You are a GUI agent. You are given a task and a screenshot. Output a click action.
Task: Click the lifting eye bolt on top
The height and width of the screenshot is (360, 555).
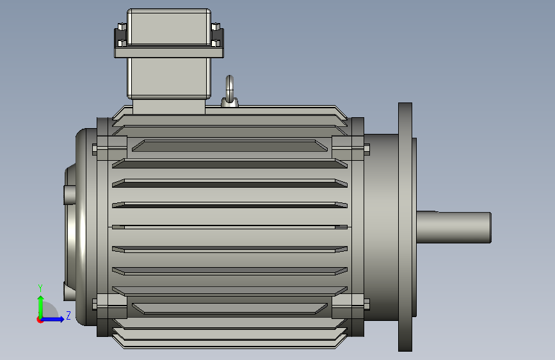coord(229,92)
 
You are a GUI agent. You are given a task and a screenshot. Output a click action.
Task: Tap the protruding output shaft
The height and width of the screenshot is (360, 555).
coord(454,227)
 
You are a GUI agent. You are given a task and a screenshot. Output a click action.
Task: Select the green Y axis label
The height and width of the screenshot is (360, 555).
coord(40,288)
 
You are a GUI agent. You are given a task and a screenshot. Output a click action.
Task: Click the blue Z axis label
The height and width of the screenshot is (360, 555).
coord(68,315)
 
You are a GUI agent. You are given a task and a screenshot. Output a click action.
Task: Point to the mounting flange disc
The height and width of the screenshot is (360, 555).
coord(405,227)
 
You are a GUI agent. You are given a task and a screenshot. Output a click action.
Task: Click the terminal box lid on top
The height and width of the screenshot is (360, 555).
coord(169,27)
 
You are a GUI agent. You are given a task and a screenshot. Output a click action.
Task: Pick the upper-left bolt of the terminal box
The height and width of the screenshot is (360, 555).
coord(122,27)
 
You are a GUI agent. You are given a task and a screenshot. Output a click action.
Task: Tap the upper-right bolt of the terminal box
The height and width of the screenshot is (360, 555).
coord(216,27)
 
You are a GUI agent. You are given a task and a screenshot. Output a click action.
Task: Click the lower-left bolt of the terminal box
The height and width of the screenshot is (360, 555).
coord(122,43)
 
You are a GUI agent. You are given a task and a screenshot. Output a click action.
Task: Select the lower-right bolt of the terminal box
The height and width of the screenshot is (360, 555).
coord(216,43)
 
